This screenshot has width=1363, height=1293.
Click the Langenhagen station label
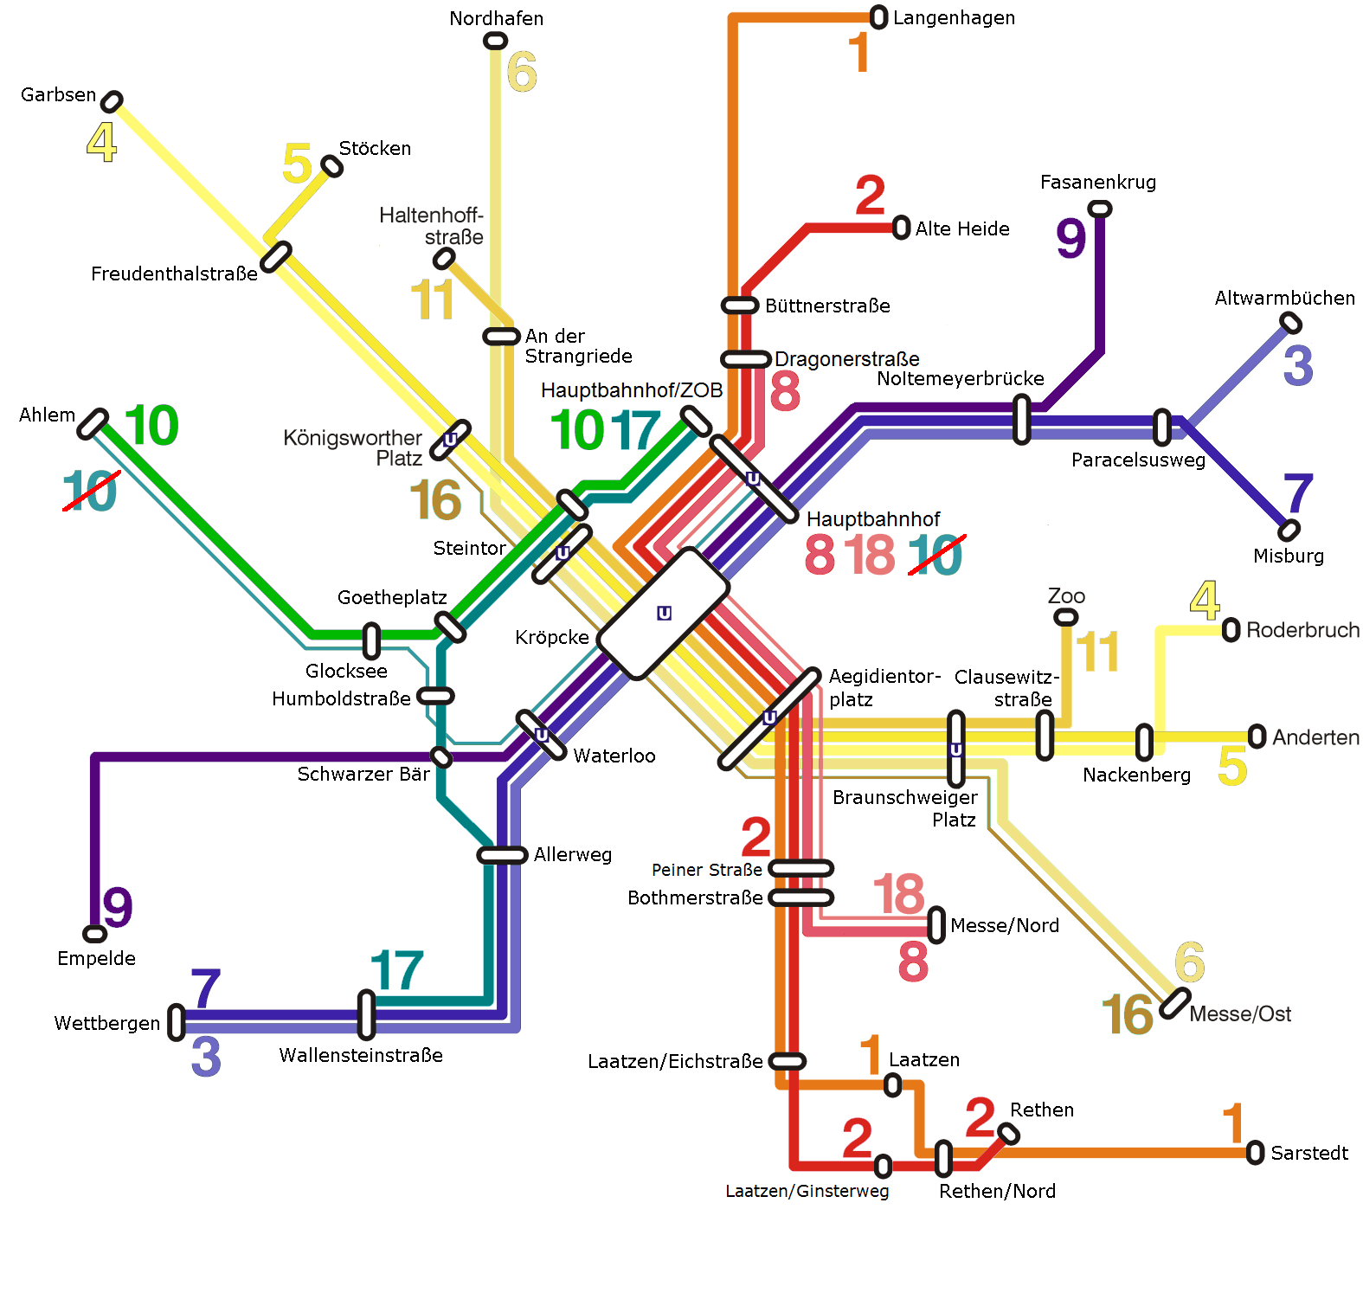[x=954, y=18]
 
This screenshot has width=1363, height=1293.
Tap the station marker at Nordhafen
[x=495, y=41]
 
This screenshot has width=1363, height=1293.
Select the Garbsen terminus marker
[x=112, y=101]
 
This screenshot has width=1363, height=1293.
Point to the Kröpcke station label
[x=551, y=638]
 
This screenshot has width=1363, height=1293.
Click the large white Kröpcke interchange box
[x=663, y=613]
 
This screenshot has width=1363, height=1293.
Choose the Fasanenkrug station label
[x=1097, y=183]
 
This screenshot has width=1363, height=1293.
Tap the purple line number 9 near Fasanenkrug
[x=1070, y=238]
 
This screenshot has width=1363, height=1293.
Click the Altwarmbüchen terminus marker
[x=1290, y=323]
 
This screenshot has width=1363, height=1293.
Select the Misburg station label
[x=1288, y=556]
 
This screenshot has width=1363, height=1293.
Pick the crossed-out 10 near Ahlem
[x=90, y=491]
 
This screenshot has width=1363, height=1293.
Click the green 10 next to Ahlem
[x=151, y=426]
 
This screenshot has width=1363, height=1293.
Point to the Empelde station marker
[x=94, y=934]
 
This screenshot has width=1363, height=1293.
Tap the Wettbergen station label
[x=106, y=1024]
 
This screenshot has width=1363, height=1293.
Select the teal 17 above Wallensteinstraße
[x=396, y=971]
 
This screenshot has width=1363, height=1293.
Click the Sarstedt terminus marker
[x=1255, y=1153]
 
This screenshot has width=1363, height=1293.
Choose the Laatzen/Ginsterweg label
[x=807, y=1192]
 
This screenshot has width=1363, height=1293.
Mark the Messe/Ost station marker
[x=1174, y=1003]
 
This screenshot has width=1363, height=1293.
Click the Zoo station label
[x=1066, y=596]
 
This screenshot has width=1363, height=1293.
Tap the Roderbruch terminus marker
[x=1231, y=631]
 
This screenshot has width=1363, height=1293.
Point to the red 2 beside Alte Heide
[x=870, y=196]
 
